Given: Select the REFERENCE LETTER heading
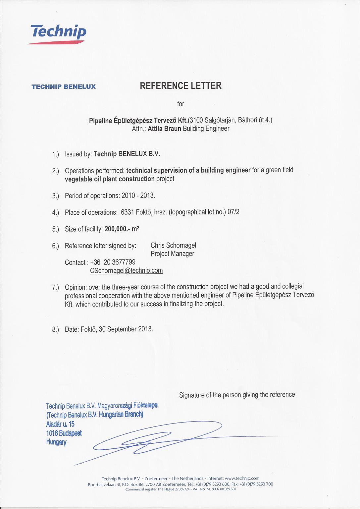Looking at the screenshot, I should pos(180,86).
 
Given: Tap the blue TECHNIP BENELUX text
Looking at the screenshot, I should pos(64,87).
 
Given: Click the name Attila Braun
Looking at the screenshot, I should pos(164,129).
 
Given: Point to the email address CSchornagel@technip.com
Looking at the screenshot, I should pos(126,270).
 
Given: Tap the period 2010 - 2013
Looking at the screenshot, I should pos(138,196).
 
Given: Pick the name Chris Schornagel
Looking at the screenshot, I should pos(173,246).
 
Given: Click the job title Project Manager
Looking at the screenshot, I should pos(172,254).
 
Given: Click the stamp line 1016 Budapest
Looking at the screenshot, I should pos(64,433).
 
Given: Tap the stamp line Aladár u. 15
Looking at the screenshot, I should pos(60,424).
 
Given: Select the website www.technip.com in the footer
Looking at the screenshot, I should pos(242,479).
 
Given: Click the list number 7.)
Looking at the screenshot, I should pos(55,287).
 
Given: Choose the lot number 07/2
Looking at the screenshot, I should pos(233,212).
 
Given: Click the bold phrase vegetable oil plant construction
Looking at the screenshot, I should pos(110,179).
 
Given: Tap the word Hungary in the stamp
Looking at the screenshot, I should pos(56,442).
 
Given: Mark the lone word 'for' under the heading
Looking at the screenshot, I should pos(180,104).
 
